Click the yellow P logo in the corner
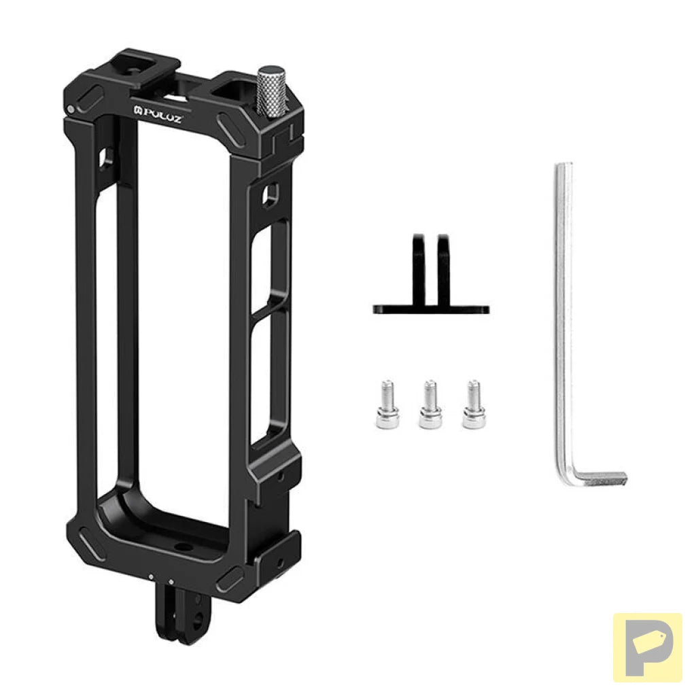tap(647, 647)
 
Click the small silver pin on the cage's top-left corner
tap(71, 109)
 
